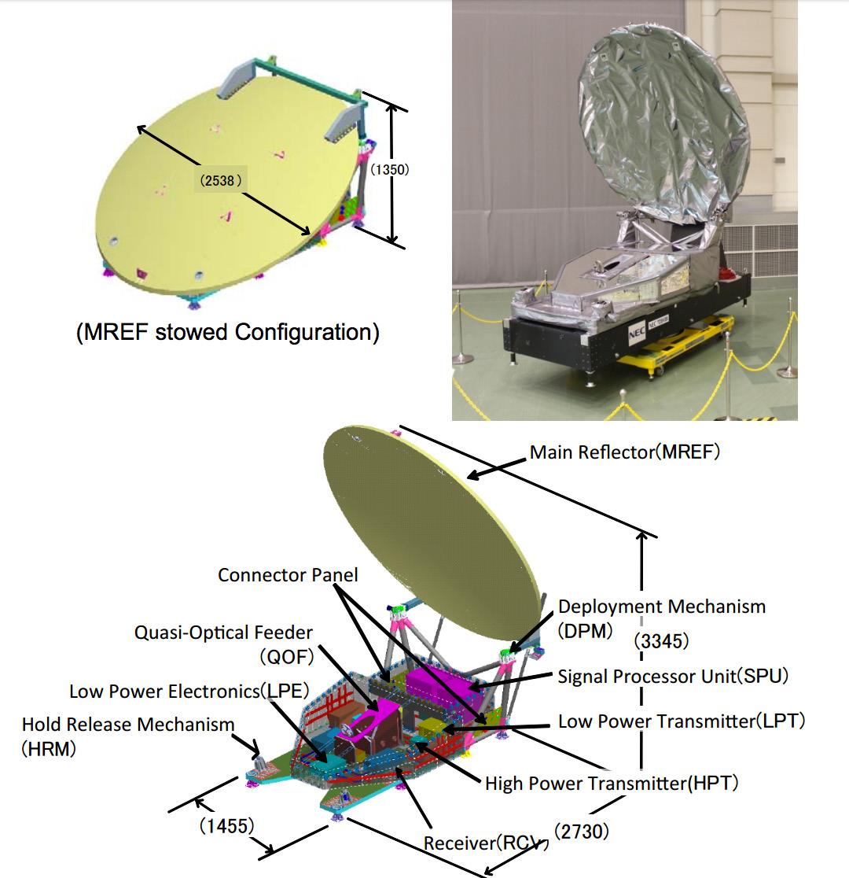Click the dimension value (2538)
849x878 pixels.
tap(222, 180)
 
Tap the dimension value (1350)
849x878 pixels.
tap(390, 168)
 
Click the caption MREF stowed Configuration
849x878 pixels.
tap(227, 332)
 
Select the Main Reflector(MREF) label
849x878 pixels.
tap(624, 452)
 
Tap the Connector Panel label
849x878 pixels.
tap(288, 575)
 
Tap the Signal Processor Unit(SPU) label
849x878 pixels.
tap(673, 676)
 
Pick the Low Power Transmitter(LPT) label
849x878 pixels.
tap(682, 721)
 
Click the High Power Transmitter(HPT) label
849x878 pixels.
tap(612, 783)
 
